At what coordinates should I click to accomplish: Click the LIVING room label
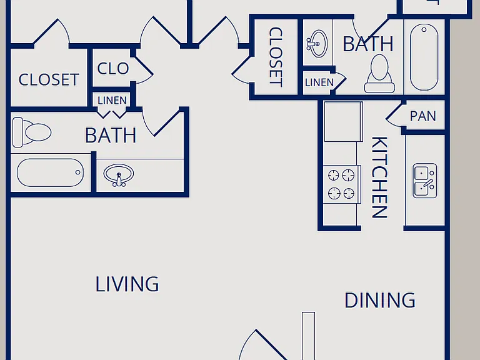pyautogui.click(x=127, y=284)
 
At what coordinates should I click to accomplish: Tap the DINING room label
pyautogui.click(x=380, y=300)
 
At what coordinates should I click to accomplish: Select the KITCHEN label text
pyautogui.click(x=379, y=177)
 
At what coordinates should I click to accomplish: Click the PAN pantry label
pyautogui.click(x=422, y=116)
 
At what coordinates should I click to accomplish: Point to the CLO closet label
pyautogui.click(x=113, y=68)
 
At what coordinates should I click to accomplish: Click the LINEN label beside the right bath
pyautogui.click(x=319, y=82)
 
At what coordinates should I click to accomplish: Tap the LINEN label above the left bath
pyautogui.click(x=112, y=101)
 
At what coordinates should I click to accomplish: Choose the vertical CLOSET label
pyautogui.click(x=276, y=57)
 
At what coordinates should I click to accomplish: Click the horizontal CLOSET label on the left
pyautogui.click(x=49, y=79)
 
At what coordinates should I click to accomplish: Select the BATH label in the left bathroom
pyautogui.click(x=111, y=135)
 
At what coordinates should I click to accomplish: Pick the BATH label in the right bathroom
pyautogui.click(x=368, y=44)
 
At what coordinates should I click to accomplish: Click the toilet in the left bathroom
pyautogui.click(x=32, y=132)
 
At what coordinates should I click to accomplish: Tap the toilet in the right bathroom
pyautogui.click(x=379, y=74)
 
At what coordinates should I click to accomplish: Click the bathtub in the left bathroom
pyautogui.click(x=50, y=172)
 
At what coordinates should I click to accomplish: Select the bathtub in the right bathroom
pyautogui.click(x=424, y=57)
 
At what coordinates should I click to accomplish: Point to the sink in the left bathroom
pyautogui.click(x=119, y=175)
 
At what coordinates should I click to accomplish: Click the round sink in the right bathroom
pyautogui.click(x=317, y=44)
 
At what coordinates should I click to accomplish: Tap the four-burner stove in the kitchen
pyautogui.click(x=342, y=184)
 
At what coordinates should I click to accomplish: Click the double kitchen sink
pyautogui.click(x=425, y=181)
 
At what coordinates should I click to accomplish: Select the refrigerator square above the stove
pyautogui.click(x=344, y=121)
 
